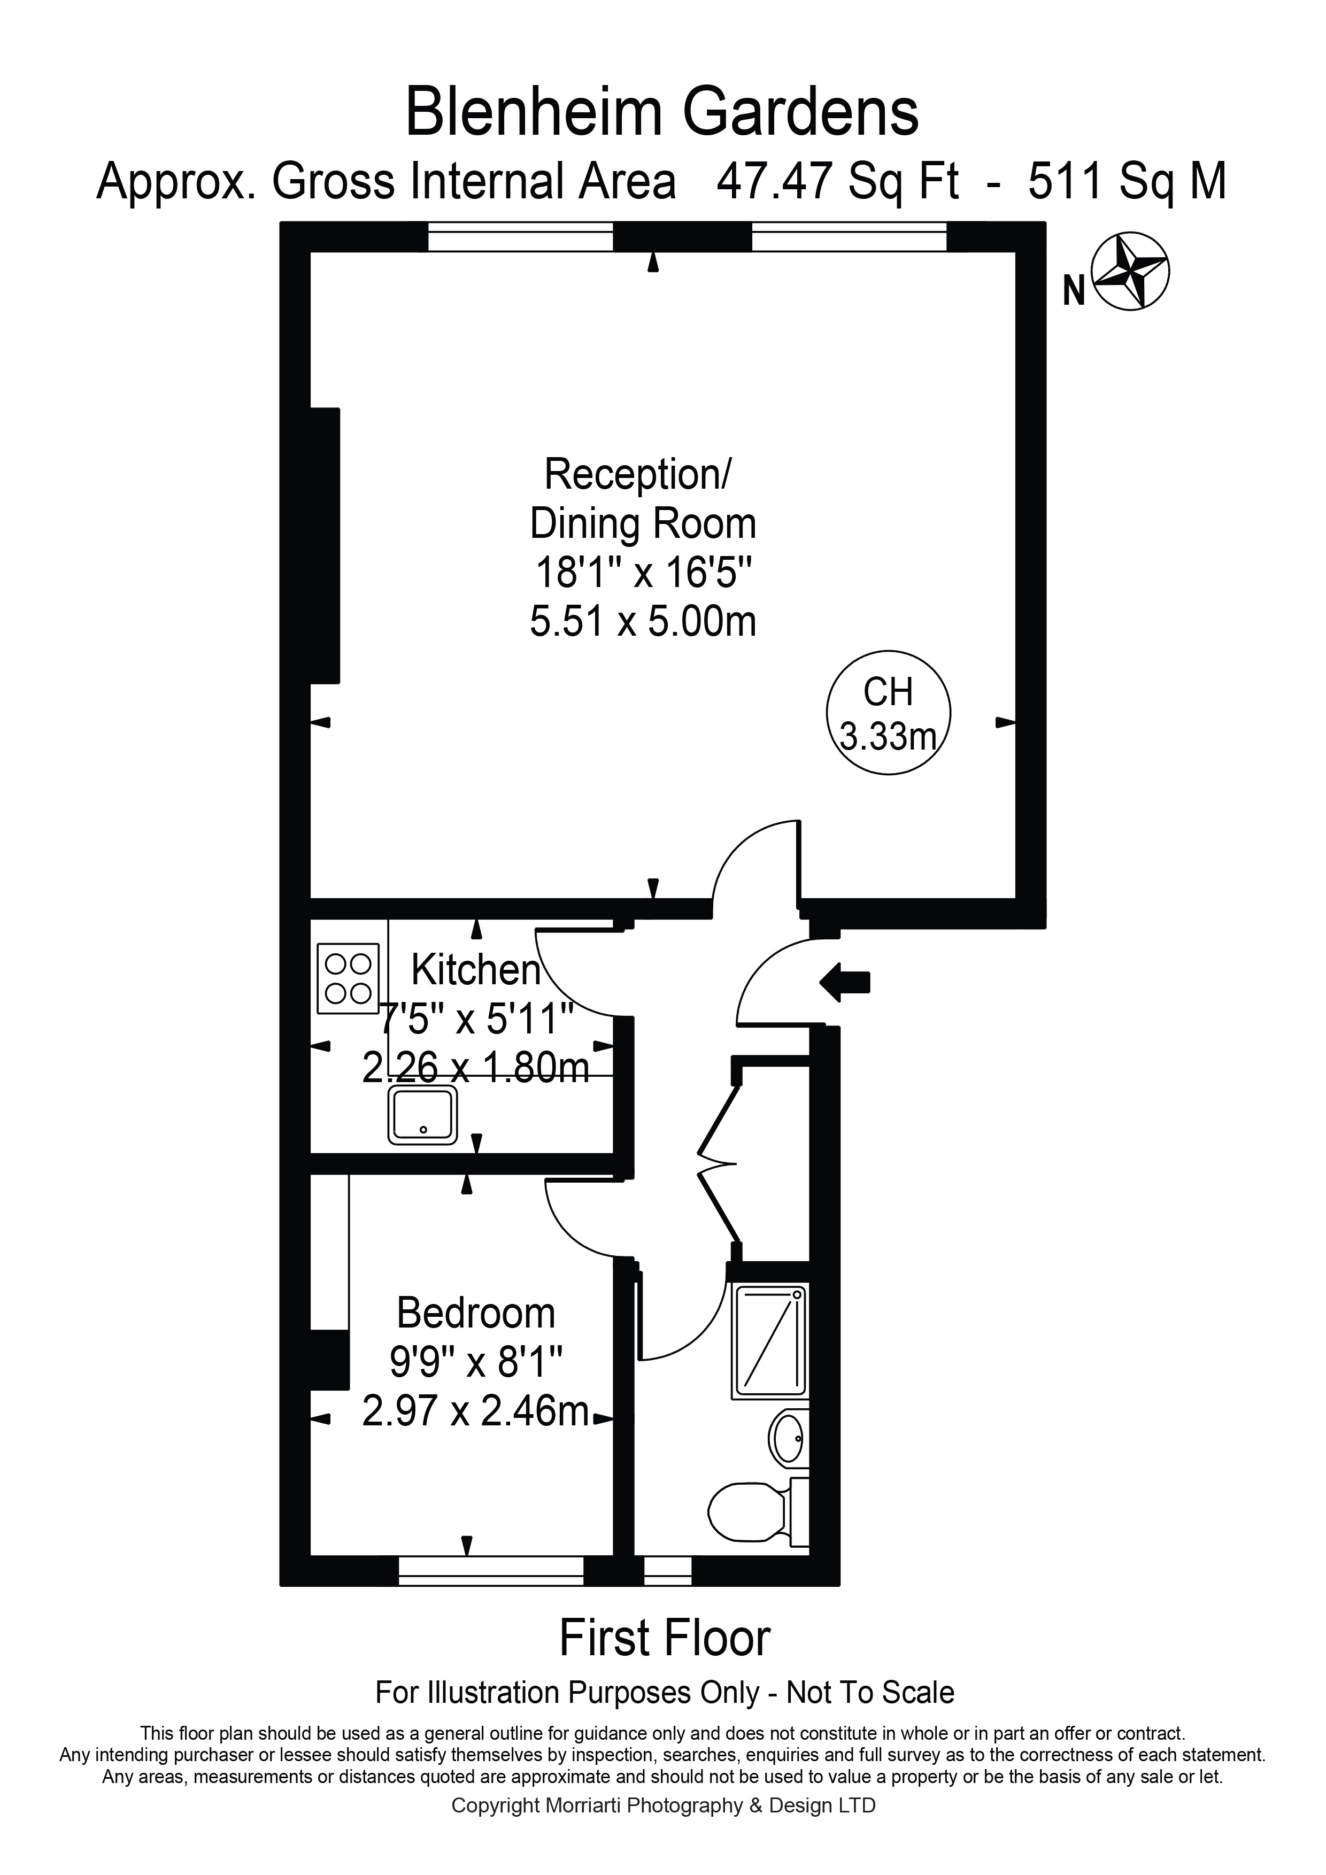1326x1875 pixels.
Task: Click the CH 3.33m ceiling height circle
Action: pos(888,712)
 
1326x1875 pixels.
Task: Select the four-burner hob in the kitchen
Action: pos(349,978)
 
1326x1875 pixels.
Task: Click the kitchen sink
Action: pos(423,1115)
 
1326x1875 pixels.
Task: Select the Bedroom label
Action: pos(476,1313)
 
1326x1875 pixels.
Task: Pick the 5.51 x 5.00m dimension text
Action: pos(643,622)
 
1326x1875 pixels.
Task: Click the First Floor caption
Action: pos(665,1638)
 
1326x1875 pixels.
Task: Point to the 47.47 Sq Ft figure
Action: pos(837,181)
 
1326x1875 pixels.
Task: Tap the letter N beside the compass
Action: pos(1074,291)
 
